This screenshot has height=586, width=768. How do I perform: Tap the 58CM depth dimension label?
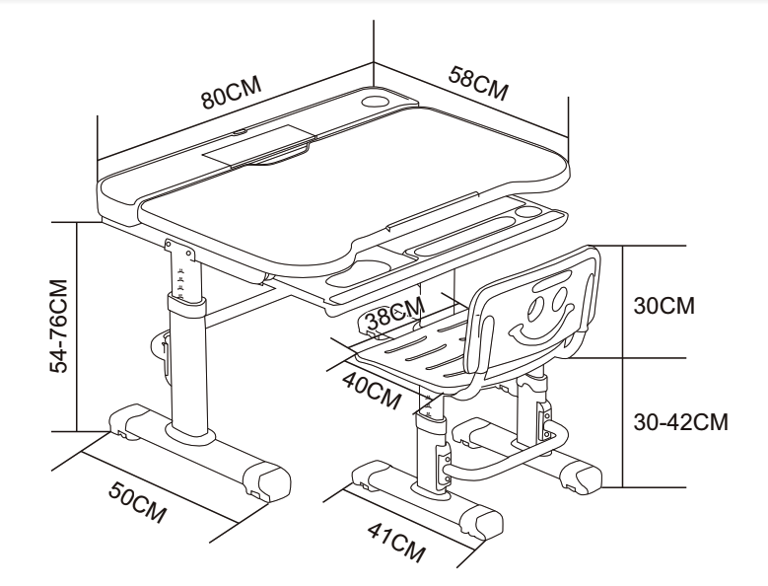(476, 83)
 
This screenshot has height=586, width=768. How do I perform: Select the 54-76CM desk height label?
(61, 327)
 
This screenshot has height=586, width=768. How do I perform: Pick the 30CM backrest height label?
(664, 305)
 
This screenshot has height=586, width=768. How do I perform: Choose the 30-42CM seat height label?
(680, 422)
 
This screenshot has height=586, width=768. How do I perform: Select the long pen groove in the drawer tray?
(463, 237)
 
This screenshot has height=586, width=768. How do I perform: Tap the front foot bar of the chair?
(424, 503)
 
